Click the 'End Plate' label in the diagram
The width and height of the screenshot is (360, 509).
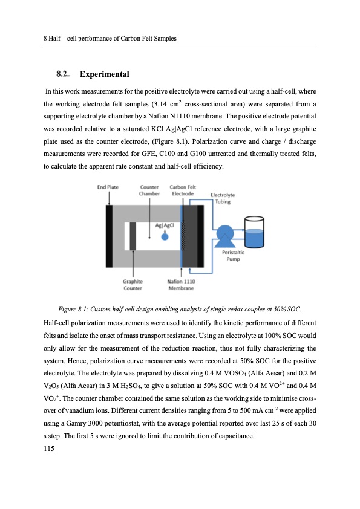107,187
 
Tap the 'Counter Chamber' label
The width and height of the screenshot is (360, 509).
149,190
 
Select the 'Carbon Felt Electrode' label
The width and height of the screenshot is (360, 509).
182,190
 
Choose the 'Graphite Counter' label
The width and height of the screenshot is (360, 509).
133,284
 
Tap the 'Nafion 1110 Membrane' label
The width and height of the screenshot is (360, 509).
181,284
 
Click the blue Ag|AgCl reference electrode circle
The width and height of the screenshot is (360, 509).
165,236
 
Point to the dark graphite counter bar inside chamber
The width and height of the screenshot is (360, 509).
133,236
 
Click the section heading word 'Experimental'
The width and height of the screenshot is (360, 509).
103,74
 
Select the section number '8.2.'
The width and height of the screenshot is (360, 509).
63,74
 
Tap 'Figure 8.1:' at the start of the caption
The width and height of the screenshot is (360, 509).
76,301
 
